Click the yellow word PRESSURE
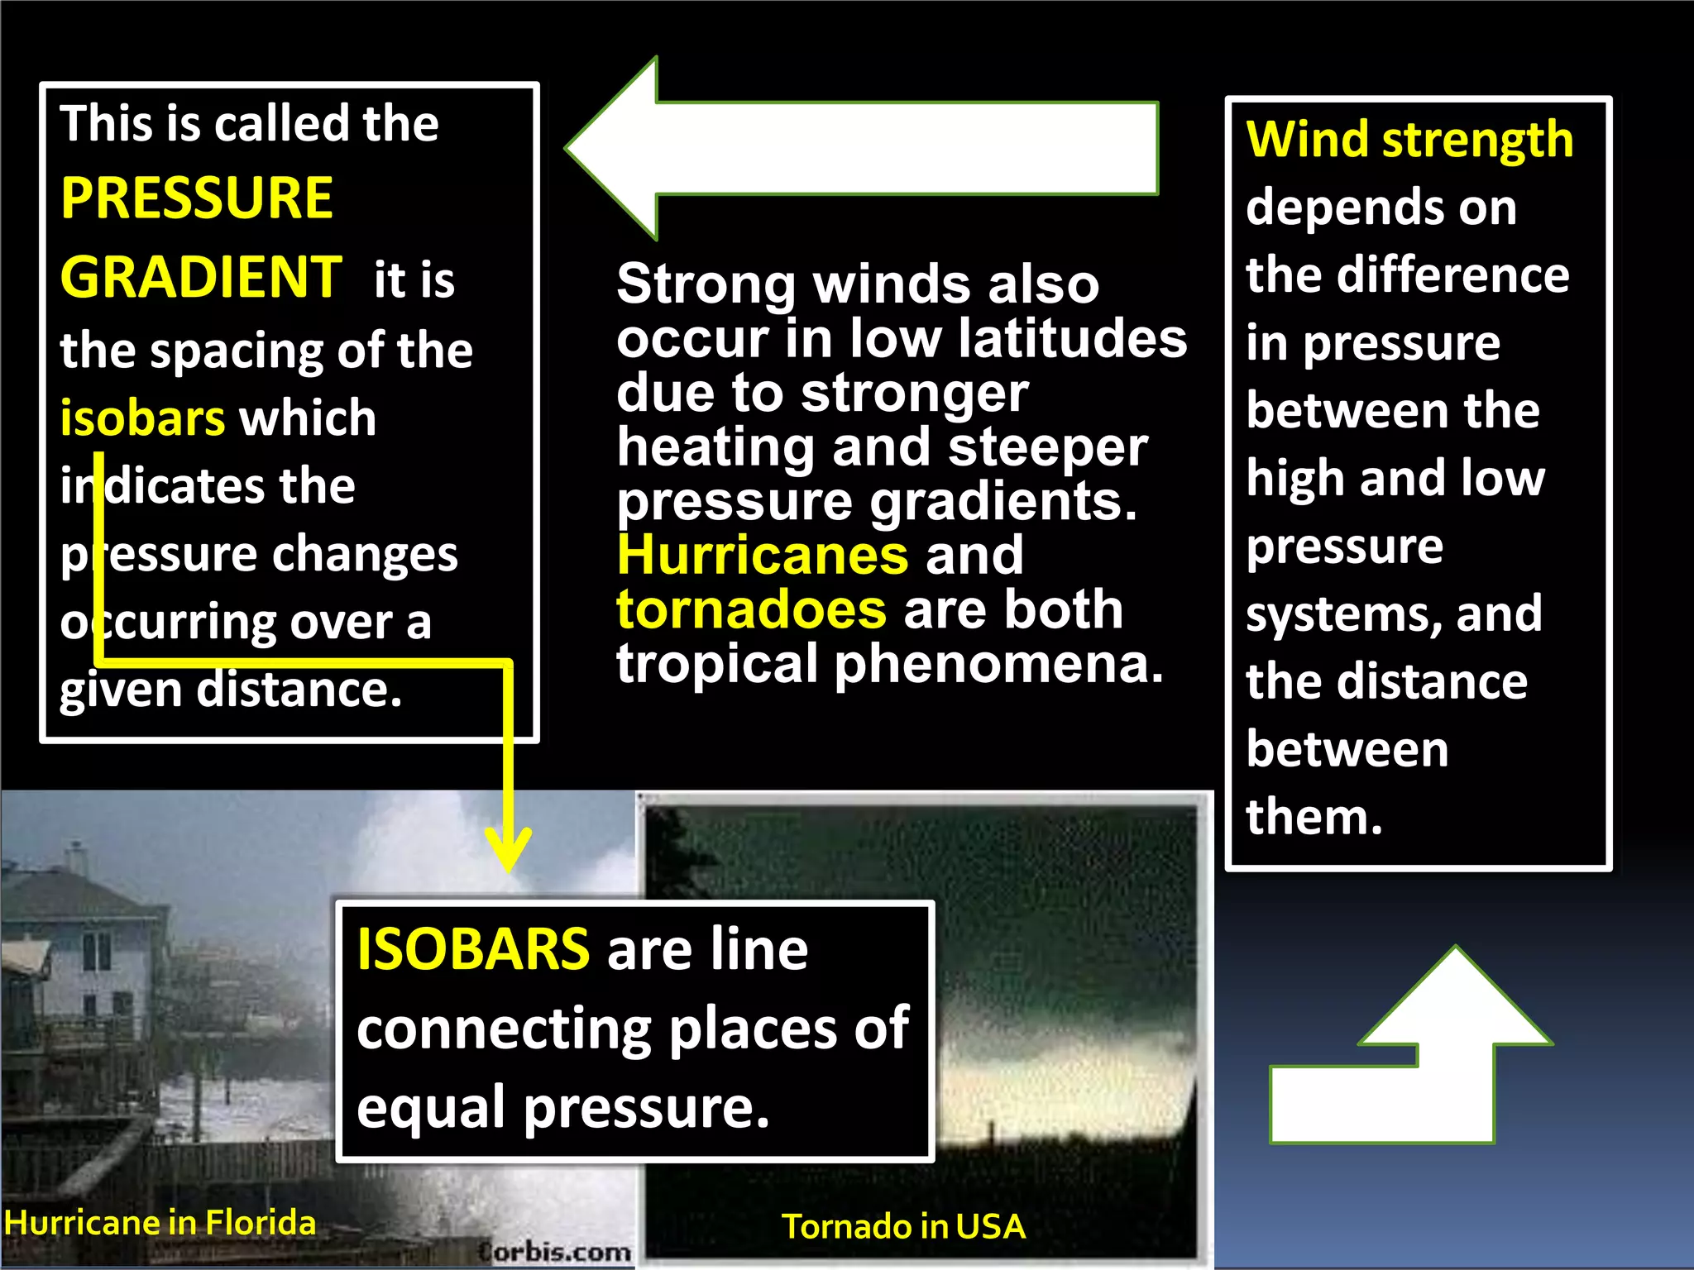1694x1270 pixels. tap(197, 198)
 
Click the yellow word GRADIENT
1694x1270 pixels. tap(201, 277)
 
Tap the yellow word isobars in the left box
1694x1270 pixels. tap(142, 418)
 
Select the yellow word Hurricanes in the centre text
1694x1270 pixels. tap(762, 555)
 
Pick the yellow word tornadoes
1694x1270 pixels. tap(751, 609)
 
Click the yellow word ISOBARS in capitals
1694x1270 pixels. tap(473, 949)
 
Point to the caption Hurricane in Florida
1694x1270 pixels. tap(160, 1222)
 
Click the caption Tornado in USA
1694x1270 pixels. tap(903, 1226)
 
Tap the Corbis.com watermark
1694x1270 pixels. tap(555, 1251)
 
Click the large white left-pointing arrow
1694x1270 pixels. tap(860, 149)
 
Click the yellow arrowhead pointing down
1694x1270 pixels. tap(508, 847)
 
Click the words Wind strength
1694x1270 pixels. tap(1409, 139)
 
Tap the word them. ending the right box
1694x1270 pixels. tap(1314, 817)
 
